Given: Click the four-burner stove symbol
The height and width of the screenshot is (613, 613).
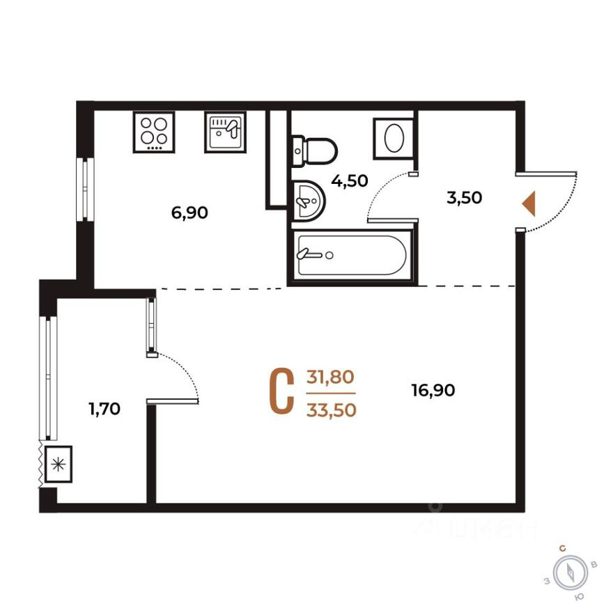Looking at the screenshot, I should pos(155,132).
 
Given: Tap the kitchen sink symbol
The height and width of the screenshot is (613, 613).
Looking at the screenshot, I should pos(225,132).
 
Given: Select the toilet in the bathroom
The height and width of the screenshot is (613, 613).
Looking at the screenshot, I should pos(314,150).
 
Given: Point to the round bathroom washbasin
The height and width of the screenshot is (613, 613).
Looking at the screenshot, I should pos(308,199).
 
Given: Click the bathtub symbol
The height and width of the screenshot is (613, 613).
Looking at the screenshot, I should pos(352,256).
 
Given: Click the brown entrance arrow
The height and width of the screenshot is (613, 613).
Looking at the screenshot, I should pos(529,203).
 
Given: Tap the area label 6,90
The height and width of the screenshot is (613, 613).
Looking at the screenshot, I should pos(190,213).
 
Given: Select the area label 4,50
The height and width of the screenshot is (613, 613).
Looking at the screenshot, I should pos(349,182).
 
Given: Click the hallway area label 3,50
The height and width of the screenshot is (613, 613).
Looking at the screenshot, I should pos(465,198).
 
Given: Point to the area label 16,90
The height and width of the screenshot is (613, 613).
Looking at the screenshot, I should pos(433,391).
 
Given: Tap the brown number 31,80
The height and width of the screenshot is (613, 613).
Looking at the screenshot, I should pos(331,377).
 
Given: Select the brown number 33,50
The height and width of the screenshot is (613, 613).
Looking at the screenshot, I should pos(331,410).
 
